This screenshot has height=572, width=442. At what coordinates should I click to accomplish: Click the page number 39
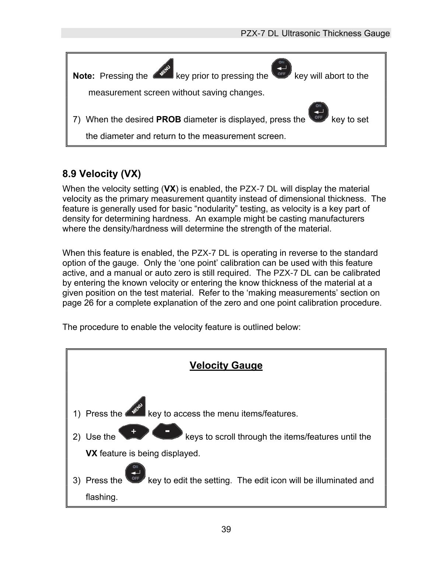[x=226, y=530]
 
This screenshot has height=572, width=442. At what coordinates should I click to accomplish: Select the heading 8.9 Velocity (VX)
[x=102, y=174]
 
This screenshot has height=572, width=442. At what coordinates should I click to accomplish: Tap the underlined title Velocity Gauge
[x=226, y=366]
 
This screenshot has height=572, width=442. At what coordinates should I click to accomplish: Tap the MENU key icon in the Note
[x=163, y=69]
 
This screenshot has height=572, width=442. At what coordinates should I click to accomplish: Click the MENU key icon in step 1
[x=136, y=407]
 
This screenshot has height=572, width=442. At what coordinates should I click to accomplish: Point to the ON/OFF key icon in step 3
[x=135, y=474]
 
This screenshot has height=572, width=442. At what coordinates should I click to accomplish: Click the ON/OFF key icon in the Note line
[x=281, y=69]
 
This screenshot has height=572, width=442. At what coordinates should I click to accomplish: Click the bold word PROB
[x=169, y=120]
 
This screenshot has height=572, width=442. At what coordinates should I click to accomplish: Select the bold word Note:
[x=84, y=76]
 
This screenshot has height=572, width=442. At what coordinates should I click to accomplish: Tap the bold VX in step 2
[x=91, y=453]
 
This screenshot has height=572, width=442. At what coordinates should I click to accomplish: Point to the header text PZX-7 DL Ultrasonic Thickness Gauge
[x=315, y=34]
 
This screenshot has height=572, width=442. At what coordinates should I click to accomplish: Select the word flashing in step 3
[x=102, y=497]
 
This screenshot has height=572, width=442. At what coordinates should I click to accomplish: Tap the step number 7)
[x=77, y=120]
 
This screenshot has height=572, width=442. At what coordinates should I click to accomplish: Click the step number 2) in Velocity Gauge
[x=77, y=437]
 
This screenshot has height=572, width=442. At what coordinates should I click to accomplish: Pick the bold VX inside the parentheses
[x=169, y=189]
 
